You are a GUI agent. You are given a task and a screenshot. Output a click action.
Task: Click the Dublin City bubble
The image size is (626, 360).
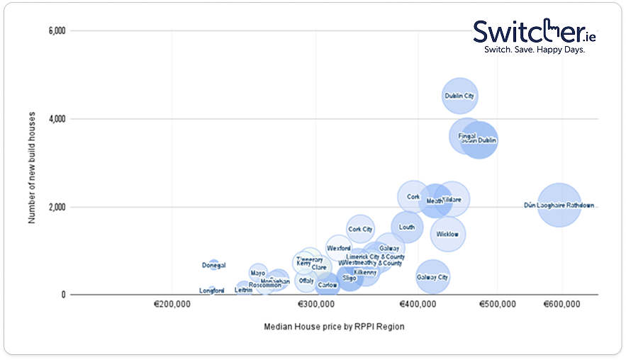pos(459,96)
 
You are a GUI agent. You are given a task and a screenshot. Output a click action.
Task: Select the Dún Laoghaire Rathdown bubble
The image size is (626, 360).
pos(559,205)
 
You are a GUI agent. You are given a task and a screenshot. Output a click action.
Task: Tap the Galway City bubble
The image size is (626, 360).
pos(432,277)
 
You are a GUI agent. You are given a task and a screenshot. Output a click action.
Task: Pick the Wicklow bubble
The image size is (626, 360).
pos(447,234)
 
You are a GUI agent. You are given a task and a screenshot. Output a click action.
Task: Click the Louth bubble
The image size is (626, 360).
pos(407,227)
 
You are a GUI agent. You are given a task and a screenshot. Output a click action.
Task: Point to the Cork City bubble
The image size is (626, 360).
pos(360,229)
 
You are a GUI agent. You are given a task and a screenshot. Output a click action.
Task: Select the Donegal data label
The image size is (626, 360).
pos(213,265)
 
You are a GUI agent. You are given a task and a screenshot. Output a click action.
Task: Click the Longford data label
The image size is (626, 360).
pos(211,291)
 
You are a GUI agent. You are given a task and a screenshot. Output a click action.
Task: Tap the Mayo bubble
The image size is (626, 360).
pos(258,273)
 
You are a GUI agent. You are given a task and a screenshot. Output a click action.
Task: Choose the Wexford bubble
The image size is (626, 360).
pos(339,248)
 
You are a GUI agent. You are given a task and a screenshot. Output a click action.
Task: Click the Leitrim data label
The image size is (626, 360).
pos(243,290)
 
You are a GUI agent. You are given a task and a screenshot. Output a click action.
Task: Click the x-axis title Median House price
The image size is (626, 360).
pos(333,327)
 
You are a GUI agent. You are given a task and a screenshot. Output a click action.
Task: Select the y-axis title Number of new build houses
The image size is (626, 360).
pos(32,162)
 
